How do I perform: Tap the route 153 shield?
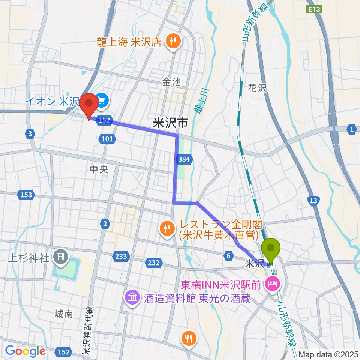click(x=26, y=195)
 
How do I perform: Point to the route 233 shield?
click(x=121, y=256)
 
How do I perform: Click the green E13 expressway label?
click(x=314, y=10)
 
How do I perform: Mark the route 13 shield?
click(x=312, y=200)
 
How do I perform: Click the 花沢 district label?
click(x=257, y=88)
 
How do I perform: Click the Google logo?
click(x=25, y=351)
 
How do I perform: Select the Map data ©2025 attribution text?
click(x=328, y=354)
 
